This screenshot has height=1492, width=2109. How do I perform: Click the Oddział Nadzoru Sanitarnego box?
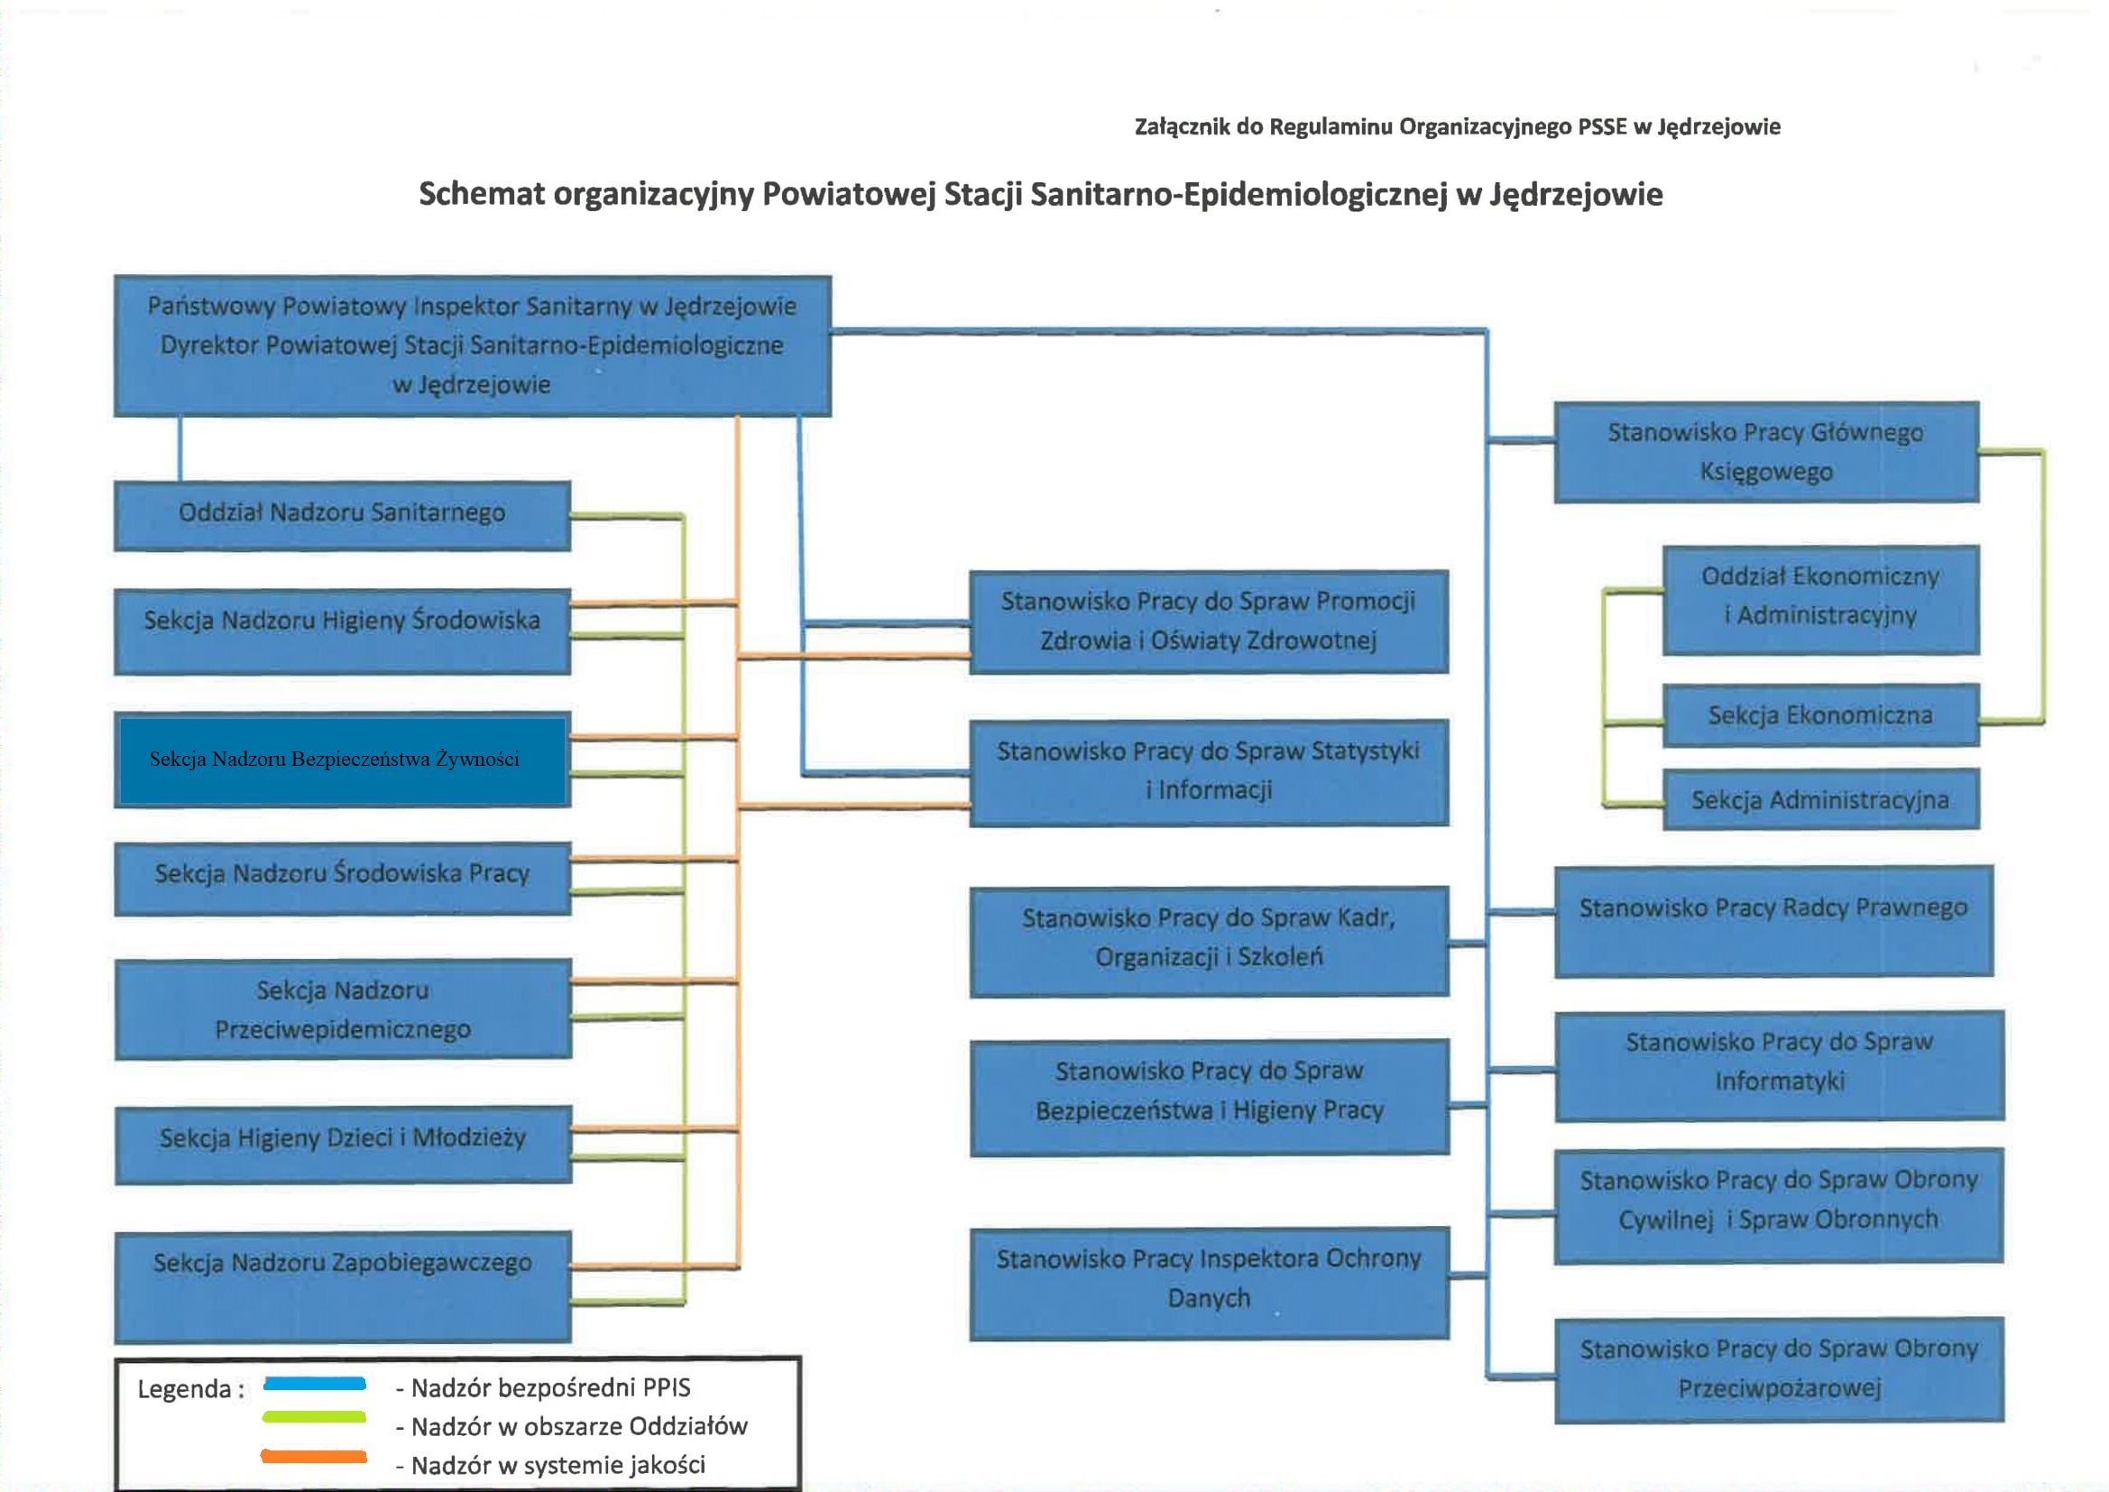tap(342, 515)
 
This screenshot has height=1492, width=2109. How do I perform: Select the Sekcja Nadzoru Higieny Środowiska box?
tap(342, 631)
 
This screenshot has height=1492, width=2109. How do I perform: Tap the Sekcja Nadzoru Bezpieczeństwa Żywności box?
tap(342, 760)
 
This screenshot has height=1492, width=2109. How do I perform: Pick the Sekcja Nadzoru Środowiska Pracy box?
tap(342, 879)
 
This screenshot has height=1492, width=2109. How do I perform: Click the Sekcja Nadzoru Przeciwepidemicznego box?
tap(343, 1009)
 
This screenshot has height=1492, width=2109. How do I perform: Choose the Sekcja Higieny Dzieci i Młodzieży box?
tap(343, 1145)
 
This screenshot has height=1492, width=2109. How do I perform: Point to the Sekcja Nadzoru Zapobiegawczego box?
tap(343, 1286)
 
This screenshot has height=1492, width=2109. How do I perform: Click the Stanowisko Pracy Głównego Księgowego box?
tap(1765, 452)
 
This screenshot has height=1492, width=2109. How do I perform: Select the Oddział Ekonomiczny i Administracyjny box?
tap(1819, 600)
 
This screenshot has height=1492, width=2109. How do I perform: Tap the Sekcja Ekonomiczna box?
tap(1819, 714)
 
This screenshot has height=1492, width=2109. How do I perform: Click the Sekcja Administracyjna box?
tap(1819, 799)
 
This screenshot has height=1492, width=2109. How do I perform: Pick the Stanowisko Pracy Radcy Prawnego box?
tap(1773, 921)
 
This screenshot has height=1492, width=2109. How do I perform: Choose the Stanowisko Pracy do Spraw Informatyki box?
tap(1778, 1065)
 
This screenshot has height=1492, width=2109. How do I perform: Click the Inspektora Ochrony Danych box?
tap(1209, 1283)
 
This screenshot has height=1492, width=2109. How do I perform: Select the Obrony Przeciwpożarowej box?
tap(1778, 1369)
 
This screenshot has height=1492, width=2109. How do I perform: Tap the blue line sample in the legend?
tap(315, 1384)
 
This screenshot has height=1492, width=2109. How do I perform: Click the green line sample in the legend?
tap(314, 1416)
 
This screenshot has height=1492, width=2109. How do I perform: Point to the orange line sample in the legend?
tap(314, 1456)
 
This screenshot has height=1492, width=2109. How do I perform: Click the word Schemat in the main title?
tap(482, 195)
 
